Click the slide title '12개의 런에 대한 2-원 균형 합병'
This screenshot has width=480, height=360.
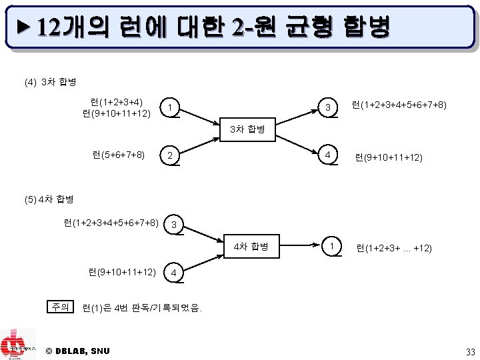tap(213, 27)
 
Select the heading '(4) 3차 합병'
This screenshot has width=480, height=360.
tap(49, 83)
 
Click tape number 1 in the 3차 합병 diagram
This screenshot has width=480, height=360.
tap(171, 107)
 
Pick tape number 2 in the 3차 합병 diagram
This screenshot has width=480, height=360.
tap(171, 156)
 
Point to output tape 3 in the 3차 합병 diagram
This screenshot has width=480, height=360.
tap(327, 107)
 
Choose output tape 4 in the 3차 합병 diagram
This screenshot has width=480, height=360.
tap(327, 155)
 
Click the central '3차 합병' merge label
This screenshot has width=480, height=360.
tap(247, 129)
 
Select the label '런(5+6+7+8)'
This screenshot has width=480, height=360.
tap(119, 155)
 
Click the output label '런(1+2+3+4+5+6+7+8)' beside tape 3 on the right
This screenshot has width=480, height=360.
tap(399, 105)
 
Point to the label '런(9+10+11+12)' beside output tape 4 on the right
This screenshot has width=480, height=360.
tap(389, 158)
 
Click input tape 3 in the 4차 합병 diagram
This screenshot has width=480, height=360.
tap(173, 225)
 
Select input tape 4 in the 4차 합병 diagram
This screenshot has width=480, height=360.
tap(173, 273)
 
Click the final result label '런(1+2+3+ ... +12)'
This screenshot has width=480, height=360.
tap(394, 248)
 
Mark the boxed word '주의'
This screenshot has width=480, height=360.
tap(60, 307)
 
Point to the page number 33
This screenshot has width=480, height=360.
tap(470, 351)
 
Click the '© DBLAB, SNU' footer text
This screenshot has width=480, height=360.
tap(78, 351)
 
